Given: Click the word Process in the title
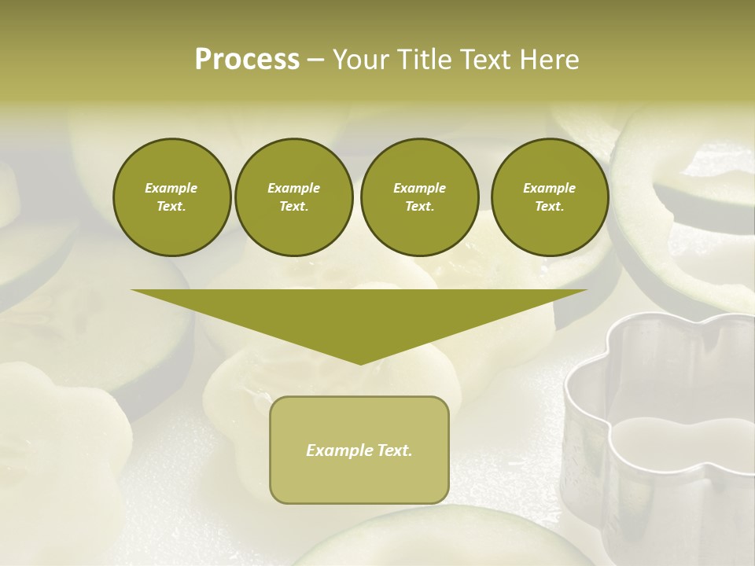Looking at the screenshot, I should coord(247,60).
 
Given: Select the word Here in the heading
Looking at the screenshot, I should coord(549,60).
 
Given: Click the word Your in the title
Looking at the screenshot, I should coord(362,60).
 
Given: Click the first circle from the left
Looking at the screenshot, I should coord(171,197).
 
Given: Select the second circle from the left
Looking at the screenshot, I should coord(293,197).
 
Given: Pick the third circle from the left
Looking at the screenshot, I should coord(419,197).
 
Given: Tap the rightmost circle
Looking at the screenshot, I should coord(549,197).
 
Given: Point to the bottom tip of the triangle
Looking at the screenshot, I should coord(360,362).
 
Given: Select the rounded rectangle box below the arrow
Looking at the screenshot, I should coord(359,450).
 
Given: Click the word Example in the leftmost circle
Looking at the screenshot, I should coord(171,188).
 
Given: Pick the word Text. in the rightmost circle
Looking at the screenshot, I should coord(549,207).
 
